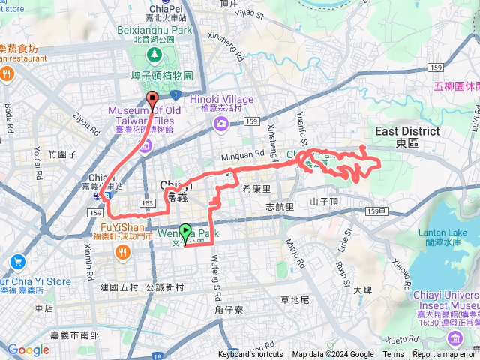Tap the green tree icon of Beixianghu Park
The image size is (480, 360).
coord(154,54)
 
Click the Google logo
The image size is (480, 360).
coord(28,349)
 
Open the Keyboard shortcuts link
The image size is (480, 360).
coord(250,355)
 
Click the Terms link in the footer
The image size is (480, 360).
coord(393,355)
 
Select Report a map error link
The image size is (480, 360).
coord(445,355)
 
